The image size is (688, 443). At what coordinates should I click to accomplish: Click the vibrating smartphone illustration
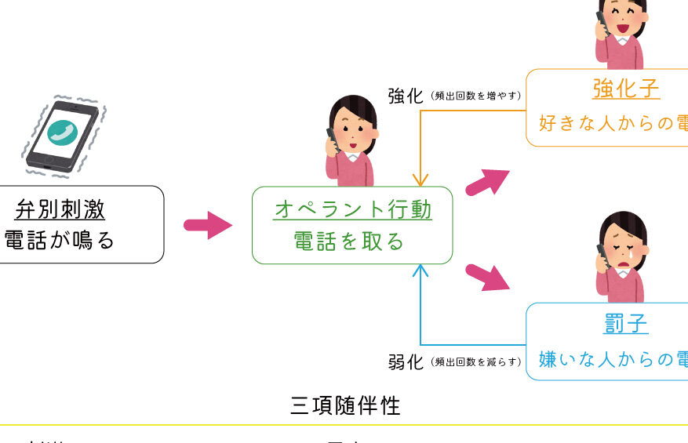63,134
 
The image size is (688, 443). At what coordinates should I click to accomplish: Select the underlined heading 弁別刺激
60,209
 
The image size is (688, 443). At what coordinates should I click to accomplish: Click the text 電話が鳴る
60,240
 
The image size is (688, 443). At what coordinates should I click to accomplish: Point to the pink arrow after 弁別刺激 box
208,226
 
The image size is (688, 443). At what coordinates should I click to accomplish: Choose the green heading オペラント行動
352,209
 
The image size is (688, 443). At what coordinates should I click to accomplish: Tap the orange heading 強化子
625,89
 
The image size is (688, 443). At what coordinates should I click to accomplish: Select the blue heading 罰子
626,324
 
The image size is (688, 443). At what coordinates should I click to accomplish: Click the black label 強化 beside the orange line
406,96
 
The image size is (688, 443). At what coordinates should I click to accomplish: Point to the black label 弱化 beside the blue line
406,361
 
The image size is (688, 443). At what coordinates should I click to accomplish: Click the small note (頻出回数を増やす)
475,96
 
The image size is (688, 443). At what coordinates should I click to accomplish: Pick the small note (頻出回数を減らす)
475,362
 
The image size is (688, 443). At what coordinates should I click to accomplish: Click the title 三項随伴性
345,405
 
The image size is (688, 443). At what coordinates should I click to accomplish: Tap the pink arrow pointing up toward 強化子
487,182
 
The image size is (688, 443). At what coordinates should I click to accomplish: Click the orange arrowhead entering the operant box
421,180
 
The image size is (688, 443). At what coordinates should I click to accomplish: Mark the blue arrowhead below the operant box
421,271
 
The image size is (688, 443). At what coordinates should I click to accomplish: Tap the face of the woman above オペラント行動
355,131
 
